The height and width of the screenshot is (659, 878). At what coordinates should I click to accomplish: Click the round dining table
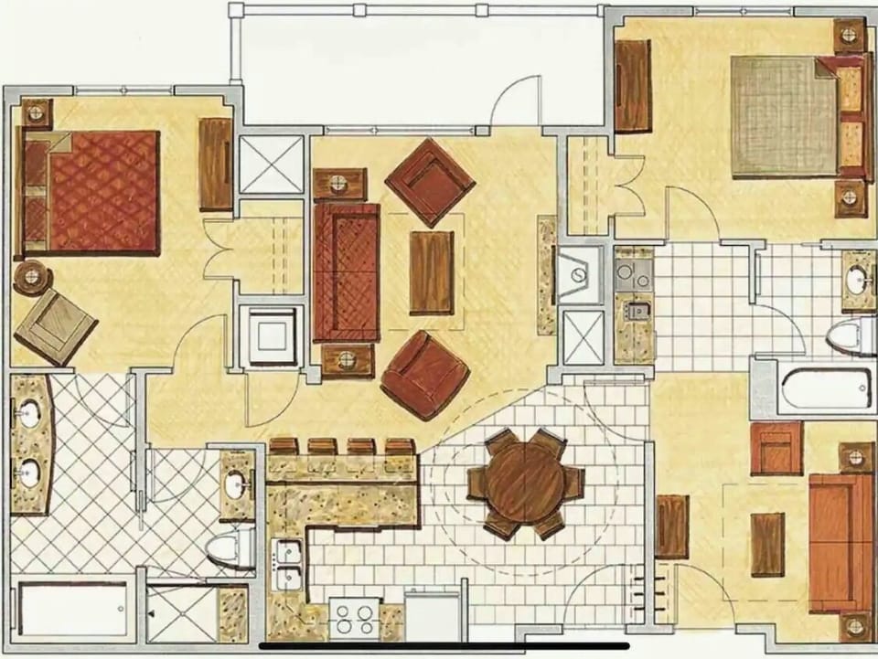coord(524,483)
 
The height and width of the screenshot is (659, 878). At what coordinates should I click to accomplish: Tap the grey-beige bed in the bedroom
coord(784,115)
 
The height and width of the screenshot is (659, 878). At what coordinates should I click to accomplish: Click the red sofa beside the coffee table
coord(346,271)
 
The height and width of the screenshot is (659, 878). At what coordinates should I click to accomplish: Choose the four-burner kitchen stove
coord(355,618)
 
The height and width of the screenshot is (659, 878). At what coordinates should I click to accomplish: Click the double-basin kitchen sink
coord(289,566)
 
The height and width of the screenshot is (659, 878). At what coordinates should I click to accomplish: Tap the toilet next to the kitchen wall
coord(230,547)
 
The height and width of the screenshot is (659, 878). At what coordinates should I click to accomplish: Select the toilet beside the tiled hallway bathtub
coord(850,335)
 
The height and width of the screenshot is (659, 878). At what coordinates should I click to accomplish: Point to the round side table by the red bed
coord(32,277)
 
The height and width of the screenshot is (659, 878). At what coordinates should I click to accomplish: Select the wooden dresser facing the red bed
coord(216,165)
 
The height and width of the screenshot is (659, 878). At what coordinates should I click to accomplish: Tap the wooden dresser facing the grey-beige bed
coord(632,85)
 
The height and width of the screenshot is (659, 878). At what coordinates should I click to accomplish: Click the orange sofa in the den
coord(839,543)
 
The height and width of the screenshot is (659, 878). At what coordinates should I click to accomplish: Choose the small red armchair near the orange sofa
coord(776,448)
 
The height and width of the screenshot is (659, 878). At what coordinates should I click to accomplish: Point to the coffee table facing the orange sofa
coord(766,544)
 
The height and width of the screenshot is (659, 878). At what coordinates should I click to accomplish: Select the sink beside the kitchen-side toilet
coord(237,483)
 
